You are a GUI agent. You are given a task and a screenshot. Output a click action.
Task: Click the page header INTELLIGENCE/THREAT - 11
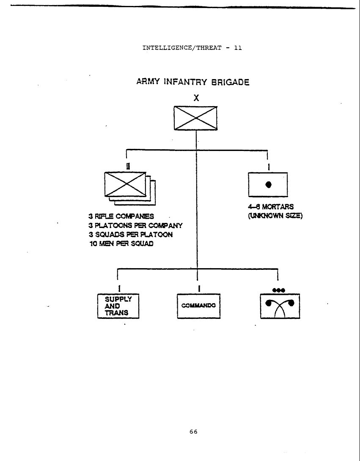click(192, 48)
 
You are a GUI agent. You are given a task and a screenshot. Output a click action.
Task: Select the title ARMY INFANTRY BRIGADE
click(192, 82)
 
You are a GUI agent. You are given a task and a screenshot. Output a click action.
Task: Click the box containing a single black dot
click(268, 184)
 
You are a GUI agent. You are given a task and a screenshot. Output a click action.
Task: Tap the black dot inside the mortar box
click(268, 184)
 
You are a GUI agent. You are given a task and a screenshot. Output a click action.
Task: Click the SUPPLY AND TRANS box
click(118, 306)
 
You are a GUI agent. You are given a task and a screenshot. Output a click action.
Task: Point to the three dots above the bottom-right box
click(278, 290)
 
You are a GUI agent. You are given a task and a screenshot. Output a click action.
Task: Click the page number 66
click(194, 432)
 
